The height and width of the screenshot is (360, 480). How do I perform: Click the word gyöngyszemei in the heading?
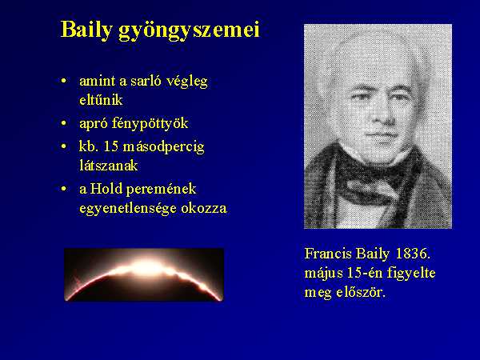[x=189, y=31]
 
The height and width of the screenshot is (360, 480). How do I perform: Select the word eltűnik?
[x=101, y=100]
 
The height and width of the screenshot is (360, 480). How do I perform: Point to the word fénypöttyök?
[x=150, y=124]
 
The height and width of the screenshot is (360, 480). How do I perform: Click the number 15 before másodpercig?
[x=111, y=147]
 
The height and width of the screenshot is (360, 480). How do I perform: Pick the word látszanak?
[x=108, y=166]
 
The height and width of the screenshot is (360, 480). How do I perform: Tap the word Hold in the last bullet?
[x=106, y=189]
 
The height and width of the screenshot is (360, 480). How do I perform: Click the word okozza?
[x=204, y=209]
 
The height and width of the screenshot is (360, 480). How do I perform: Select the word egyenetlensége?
[x=128, y=209]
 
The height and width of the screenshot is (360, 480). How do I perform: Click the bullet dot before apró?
[x=64, y=123]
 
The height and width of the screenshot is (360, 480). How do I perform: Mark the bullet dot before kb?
[x=64, y=147]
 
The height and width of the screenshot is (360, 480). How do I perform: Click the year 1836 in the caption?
[x=413, y=254]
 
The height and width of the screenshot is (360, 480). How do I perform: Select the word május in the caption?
[x=323, y=274]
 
